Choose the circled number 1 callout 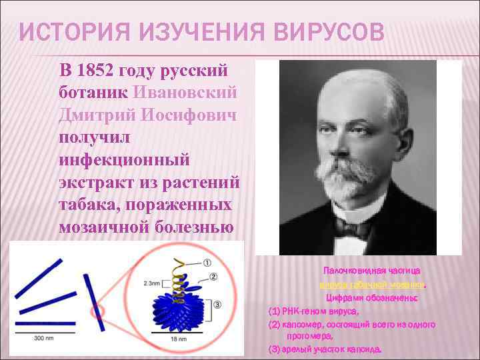coord(208,263)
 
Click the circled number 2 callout coord(213,275)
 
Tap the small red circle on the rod coord(97,311)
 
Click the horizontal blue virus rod coord(45,323)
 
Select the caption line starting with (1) coord(314,311)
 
